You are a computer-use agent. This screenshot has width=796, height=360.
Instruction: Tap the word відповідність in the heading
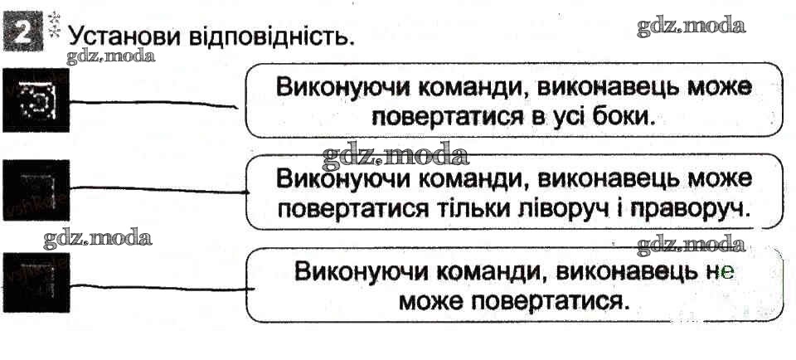[x=265, y=37]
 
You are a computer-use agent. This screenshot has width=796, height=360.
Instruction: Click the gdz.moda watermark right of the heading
[x=691, y=26]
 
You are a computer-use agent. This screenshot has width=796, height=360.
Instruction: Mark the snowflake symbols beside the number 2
[x=54, y=22]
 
